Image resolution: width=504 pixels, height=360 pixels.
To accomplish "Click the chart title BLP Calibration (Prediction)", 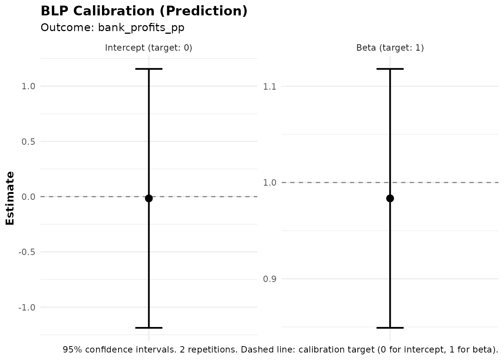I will click(144, 11).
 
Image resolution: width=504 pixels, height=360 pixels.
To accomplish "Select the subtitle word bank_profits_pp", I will click(141, 28).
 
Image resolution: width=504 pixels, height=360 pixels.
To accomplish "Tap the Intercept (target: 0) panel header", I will click(148, 48).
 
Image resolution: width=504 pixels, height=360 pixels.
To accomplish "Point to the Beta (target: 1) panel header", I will click(390, 48).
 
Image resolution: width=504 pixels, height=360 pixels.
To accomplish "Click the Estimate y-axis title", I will click(10, 198).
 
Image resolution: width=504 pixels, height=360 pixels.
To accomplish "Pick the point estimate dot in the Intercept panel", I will click(149, 198).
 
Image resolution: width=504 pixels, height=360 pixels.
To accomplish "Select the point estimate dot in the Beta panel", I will click(390, 198).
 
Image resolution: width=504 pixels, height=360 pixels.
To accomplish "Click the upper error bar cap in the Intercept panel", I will click(149, 69).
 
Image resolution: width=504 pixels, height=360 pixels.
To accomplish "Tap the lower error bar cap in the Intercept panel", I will click(149, 328).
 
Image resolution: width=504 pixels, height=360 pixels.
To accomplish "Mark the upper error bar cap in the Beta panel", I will click(390, 69).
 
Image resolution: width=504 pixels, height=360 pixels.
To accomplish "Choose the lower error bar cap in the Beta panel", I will click(390, 328).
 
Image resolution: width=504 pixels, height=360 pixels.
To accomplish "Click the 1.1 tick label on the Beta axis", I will click(270, 87).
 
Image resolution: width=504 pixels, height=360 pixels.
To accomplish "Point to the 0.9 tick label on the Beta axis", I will click(270, 279).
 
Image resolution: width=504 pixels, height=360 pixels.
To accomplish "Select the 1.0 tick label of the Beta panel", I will click(270, 183).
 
